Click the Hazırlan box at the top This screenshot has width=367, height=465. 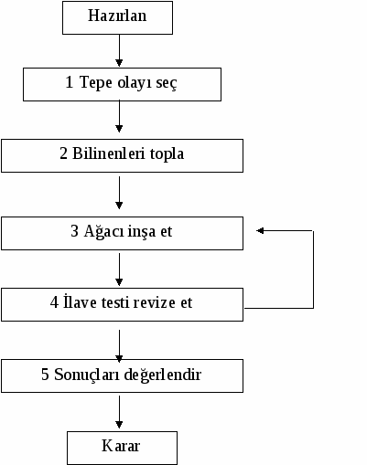pyautogui.click(x=117, y=17)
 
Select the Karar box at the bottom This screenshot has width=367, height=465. pyautogui.click(x=122, y=448)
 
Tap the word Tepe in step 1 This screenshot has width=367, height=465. pyautogui.click(x=96, y=83)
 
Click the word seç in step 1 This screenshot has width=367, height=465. pyautogui.click(x=167, y=83)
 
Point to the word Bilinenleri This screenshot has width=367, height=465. pyautogui.click(x=109, y=153)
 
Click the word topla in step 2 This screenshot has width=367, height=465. pyautogui.click(x=167, y=154)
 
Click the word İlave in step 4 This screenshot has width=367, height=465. pyautogui.click(x=80, y=301)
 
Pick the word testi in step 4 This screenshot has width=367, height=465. pyautogui.click(x=116, y=302)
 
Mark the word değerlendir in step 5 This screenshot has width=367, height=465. pyautogui.click(x=163, y=375)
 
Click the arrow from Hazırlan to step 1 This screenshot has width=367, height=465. pyautogui.click(x=119, y=50)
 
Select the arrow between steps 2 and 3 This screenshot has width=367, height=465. pyautogui.click(x=119, y=193)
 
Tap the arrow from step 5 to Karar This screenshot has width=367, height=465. pyautogui.click(x=119, y=412)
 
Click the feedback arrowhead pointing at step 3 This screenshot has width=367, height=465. pyautogui.click(x=260, y=231)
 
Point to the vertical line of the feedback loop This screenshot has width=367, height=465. pyautogui.click(x=313, y=269)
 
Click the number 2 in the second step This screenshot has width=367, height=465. pyautogui.click(x=63, y=153)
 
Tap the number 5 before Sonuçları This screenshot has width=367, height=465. pyautogui.click(x=45, y=375)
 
